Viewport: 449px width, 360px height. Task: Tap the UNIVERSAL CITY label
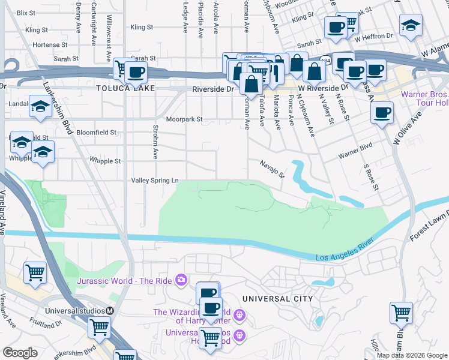pyautogui.click(x=277, y=298)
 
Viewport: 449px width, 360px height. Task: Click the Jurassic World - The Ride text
pyautogui.click(x=124, y=280)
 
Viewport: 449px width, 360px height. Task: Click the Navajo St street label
pyautogui.click(x=272, y=163)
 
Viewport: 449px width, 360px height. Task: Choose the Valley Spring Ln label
pyautogui.click(x=155, y=180)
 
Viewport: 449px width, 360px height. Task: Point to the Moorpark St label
pyautogui.click(x=185, y=119)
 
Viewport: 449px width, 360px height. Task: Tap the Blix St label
pyautogui.click(x=26, y=13)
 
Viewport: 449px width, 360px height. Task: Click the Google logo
pyautogui.click(x=20, y=353)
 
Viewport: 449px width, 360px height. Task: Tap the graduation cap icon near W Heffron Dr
pyautogui.click(x=411, y=25)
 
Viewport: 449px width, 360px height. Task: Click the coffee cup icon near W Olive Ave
pyautogui.click(x=382, y=112)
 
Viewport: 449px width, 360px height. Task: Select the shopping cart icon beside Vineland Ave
pyautogui.click(x=35, y=272)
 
